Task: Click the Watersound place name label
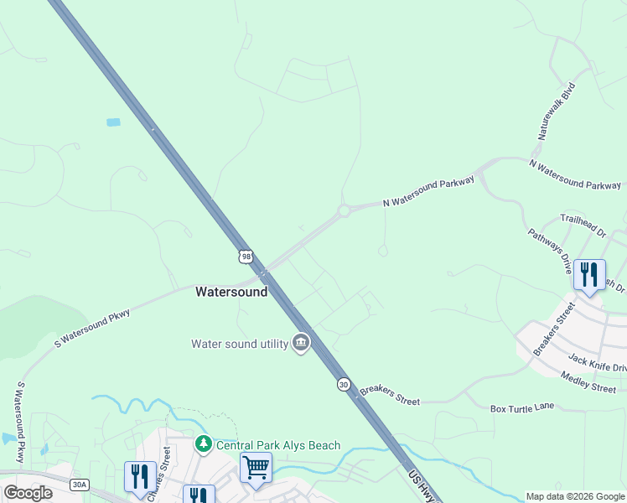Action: [x=231, y=293]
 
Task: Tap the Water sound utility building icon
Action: [x=301, y=343]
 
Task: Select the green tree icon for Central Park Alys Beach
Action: [x=203, y=443]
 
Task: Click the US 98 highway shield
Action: [x=244, y=255]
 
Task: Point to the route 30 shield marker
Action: [x=344, y=384]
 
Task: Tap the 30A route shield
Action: [x=80, y=484]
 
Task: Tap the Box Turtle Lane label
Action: [x=522, y=407]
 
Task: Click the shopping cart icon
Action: [x=256, y=466]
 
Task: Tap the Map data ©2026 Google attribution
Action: [x=575, y=496]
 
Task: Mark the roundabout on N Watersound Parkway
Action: [x=344, y=211]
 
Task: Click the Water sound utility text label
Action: [x=239, y=344]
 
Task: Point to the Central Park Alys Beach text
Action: [x=278, y=445]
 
